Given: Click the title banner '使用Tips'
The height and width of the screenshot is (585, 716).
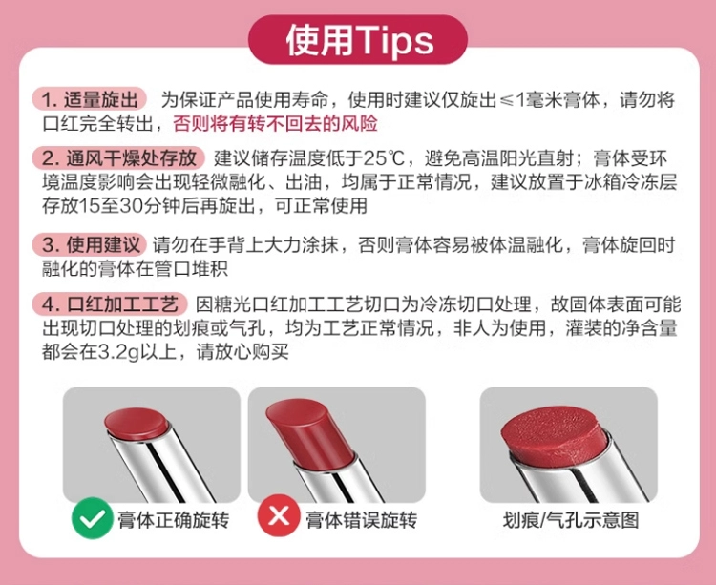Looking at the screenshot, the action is coord(358,40).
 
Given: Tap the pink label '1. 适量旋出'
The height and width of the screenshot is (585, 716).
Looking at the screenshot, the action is coord(90,99).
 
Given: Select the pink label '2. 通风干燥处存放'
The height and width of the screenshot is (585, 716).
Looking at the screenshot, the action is coord(118,157).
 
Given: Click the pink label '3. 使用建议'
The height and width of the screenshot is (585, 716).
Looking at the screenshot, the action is coord(90,244).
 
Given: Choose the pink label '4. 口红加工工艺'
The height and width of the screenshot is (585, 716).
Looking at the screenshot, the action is coord(110,303).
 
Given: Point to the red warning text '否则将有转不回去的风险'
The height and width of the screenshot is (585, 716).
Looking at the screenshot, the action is coord(275,124).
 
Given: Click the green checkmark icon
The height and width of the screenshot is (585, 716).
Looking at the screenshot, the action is coord(93,518).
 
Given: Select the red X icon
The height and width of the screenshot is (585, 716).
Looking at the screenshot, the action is coord(279,516).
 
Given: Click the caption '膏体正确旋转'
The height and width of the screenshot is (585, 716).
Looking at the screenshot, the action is coord(174,520).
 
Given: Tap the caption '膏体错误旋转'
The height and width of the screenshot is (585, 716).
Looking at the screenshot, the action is coord(361,520).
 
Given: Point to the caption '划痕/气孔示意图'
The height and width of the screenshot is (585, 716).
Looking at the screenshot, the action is coord(571,520).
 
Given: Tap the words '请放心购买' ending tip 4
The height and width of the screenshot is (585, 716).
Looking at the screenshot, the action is coord(242,352).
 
